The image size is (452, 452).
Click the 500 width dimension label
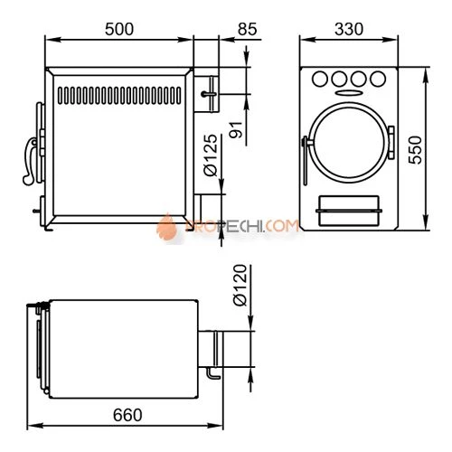(x=119, y=29)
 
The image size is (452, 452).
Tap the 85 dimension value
(x=248, y=29)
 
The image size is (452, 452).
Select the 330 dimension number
(x=349, y=29)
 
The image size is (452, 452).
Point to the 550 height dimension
(x=415, y=150)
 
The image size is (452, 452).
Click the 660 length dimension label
(x=127, y=415)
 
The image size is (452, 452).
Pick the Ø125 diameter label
(x=211, y=155)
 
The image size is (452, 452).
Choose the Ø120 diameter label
(x=240, y=285)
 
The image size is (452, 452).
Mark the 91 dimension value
(x=236, y=129)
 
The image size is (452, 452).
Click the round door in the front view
(x=349, y=143)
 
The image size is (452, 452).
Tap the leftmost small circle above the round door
(x=320, y=79)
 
